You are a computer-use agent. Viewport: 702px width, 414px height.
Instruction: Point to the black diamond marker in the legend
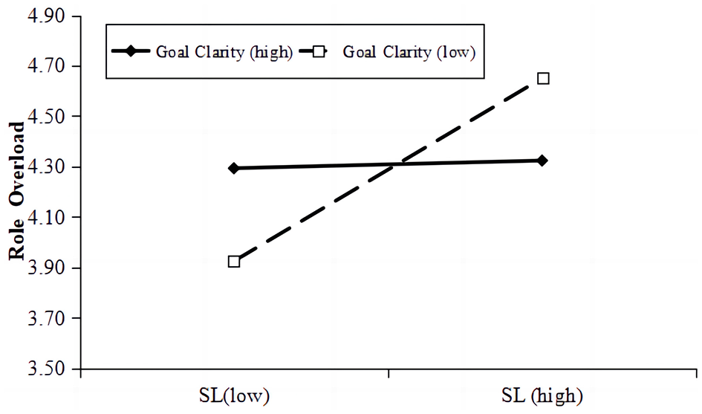[x=131, y=51]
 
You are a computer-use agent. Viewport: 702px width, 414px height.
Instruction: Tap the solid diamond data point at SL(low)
[x=234, y=168]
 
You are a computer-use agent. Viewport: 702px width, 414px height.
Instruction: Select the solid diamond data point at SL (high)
[x=542, y=161]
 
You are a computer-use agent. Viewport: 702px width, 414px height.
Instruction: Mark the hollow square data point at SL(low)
[x=234, y=262]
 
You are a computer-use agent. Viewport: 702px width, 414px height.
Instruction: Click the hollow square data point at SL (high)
[x=543, y=78]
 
